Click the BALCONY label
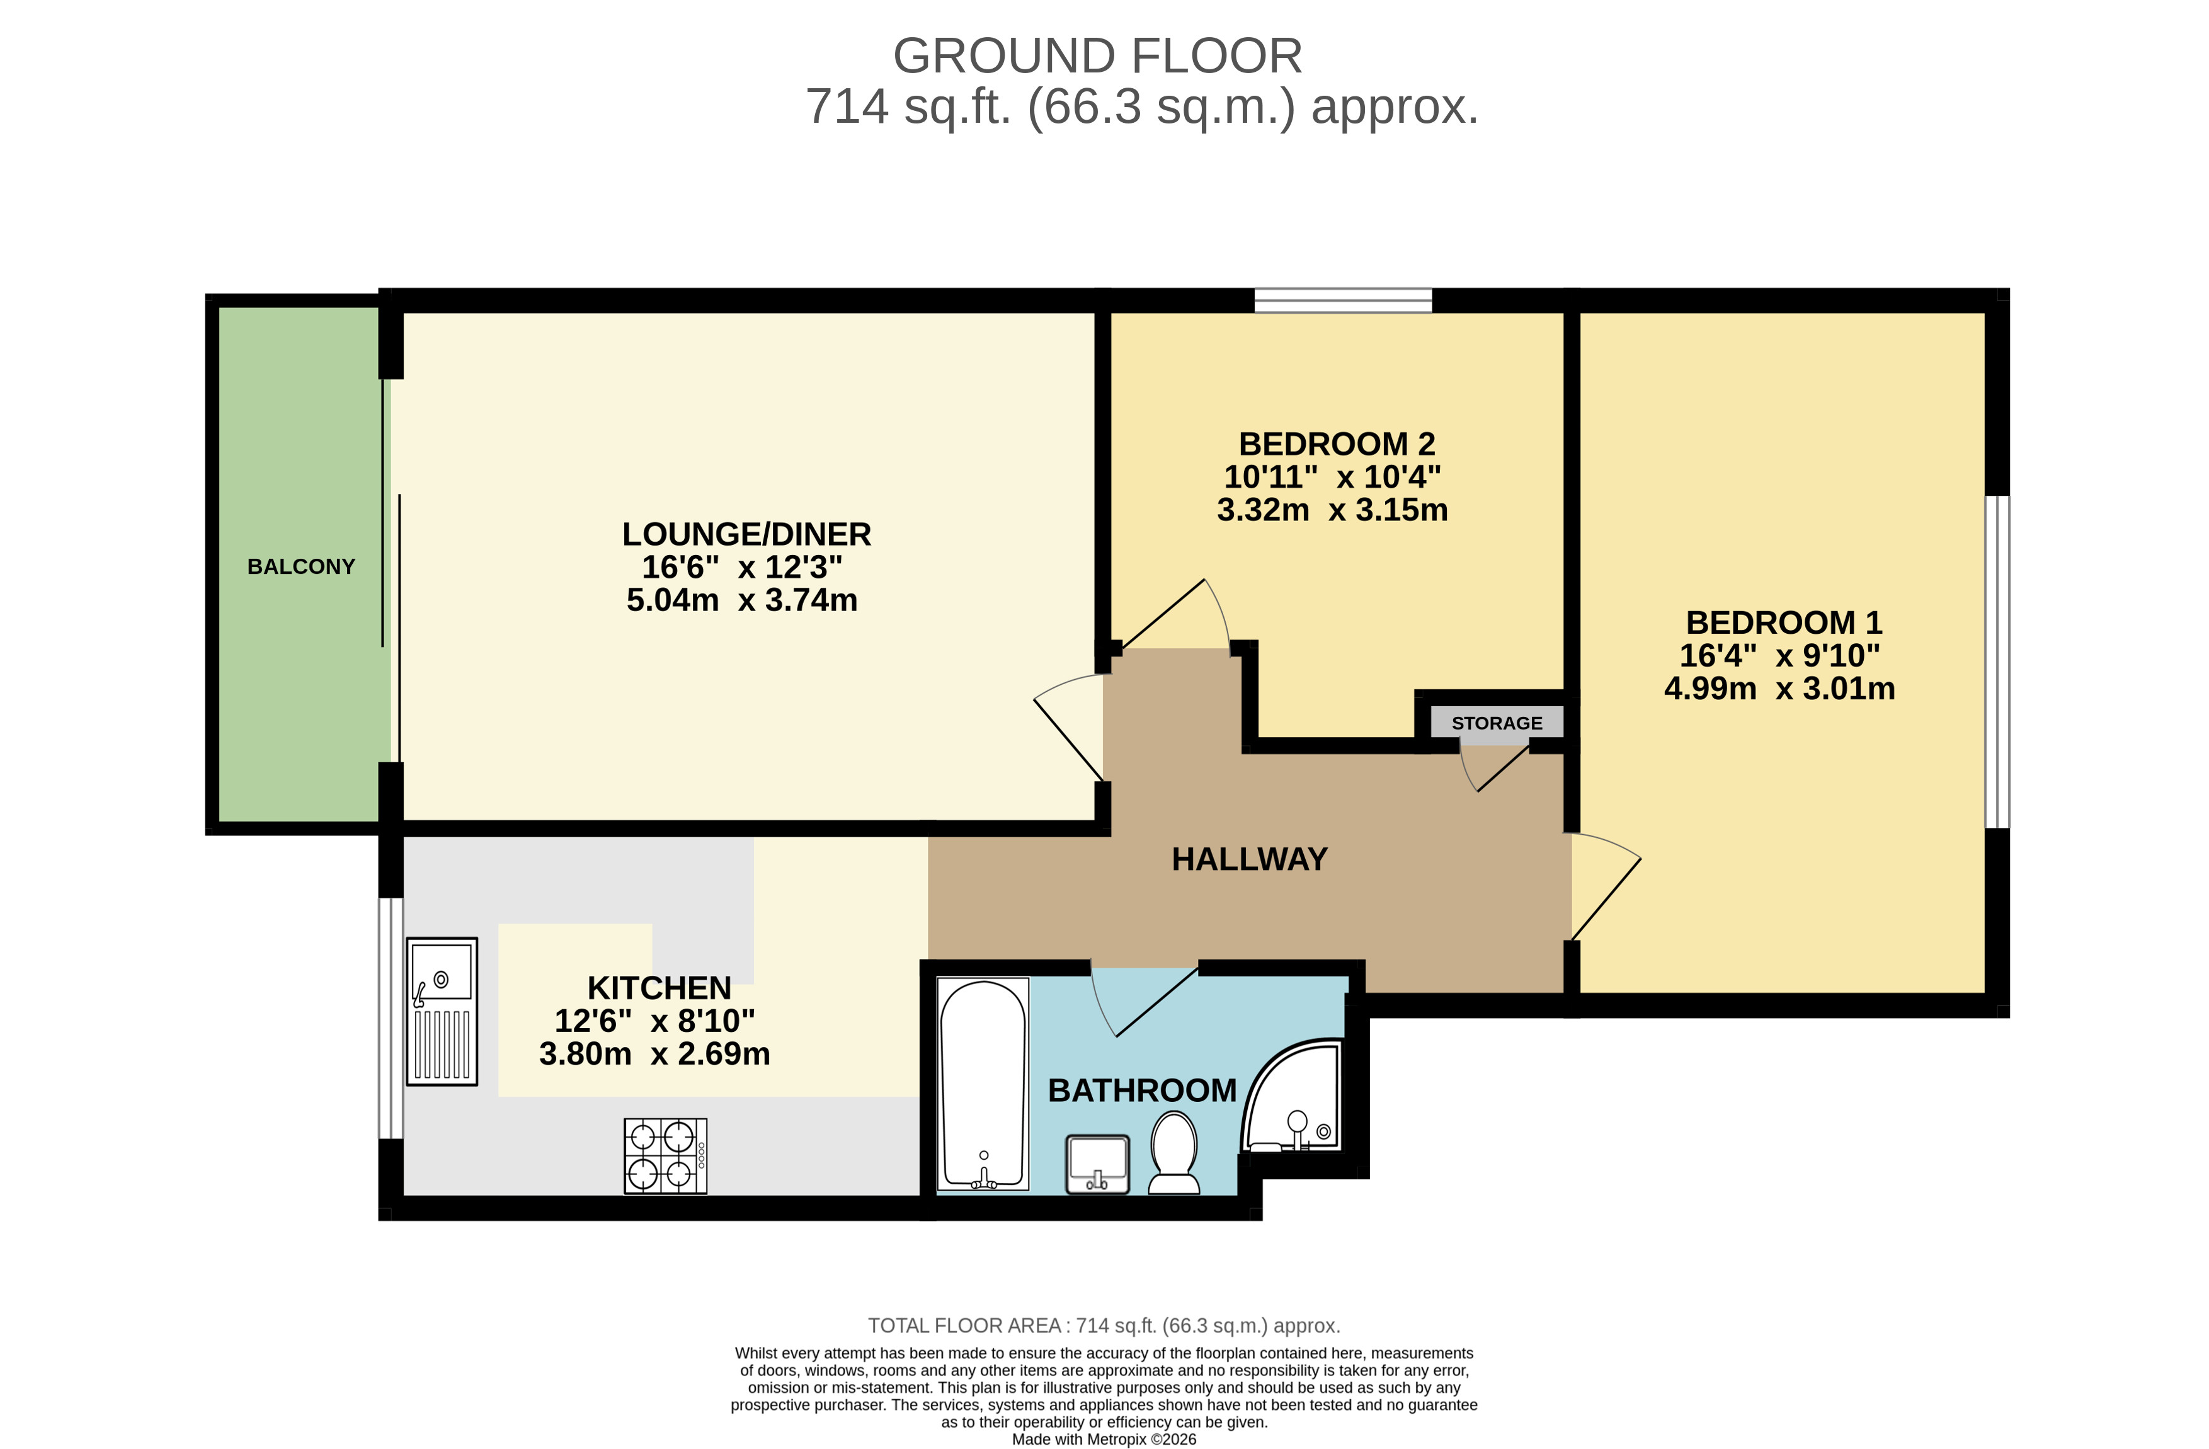[300, 567]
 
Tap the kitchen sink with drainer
[442, 1012]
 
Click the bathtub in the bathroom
[983, 1083]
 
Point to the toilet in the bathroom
[1174, 1154]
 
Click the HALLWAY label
[1249, 859]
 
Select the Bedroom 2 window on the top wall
[1343, 301]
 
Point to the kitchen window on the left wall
[391, 1017]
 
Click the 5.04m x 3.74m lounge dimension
[741, 600]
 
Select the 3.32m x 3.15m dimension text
[1332, 510]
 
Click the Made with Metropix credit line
[1104, 1440]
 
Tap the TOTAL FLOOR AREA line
[1104, 1326]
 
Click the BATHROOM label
[1141, 1091]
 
